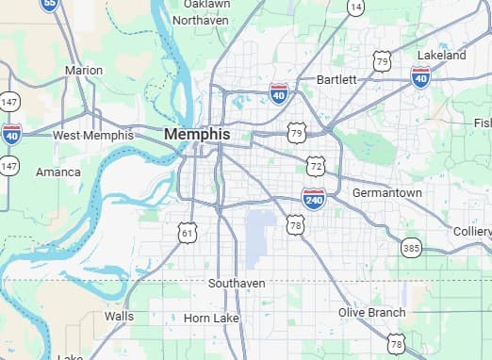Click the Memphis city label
[x=196, y=135]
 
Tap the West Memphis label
[x=92, y=136]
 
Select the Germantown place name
[x=386, y=192]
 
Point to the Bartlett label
[x=336, y=79]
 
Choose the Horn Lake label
[x=211, y=319]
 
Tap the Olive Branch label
[x=372, y=312]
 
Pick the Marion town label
[x=84, y=71]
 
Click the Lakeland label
[x=441, y=56]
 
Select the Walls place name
[x=119, y=317]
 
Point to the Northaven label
[x=201, y=20]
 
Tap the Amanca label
[x=58, y=172]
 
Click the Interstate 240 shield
[x=314, y=198]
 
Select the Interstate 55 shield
[x=50, y=5]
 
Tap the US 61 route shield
[x=189, y=232]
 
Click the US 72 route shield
[x=315, y=166]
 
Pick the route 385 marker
[x=410, y=248]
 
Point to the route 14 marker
[x=355, y=7]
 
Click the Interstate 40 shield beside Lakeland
[x=421, y=76]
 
